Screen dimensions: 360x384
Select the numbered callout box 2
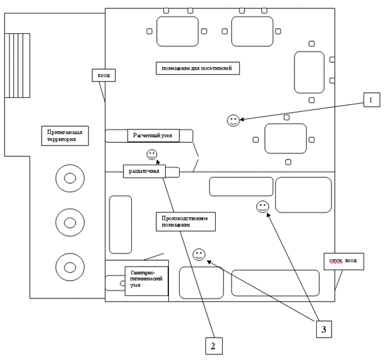tap(214, 345)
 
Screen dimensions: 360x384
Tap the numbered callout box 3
tap(324, 329)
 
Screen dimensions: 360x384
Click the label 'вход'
tap(103, 76)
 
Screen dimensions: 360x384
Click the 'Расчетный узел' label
tap(153, 136)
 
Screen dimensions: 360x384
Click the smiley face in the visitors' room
tap(234, 120)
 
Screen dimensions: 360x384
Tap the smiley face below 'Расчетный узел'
tap(152, 154)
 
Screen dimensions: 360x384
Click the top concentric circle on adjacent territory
tap(67, 177)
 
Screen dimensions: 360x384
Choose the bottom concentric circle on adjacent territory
tap(67, 265)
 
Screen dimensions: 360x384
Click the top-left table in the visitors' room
tap(177, 31)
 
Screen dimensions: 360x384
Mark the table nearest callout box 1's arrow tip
tap(285, 138)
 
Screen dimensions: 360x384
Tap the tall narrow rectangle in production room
tap(120, 224)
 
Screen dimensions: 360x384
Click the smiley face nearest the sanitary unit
tap(198, 255)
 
